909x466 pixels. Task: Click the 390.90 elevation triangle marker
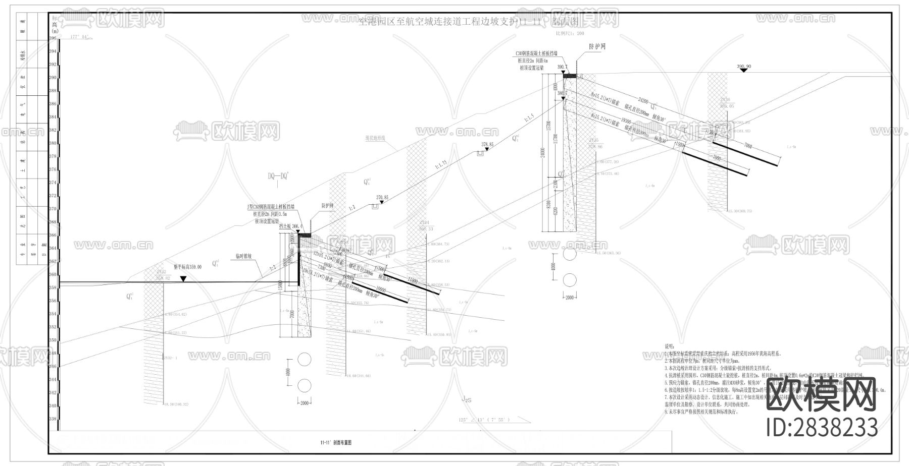(743, 71)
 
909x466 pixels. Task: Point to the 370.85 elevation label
(382, 198)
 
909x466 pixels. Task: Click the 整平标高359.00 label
(188, 267)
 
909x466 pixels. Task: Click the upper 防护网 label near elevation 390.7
(597, 46)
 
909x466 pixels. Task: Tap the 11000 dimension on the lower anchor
(413, 280)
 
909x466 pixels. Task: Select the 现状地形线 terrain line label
(375, 138)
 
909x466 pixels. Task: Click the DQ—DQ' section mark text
(278, 176)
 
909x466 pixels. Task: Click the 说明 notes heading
(669, 347)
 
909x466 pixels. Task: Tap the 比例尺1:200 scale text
(570, 33)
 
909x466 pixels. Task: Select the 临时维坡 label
(244, 256)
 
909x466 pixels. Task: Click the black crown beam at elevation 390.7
(570, 76)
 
